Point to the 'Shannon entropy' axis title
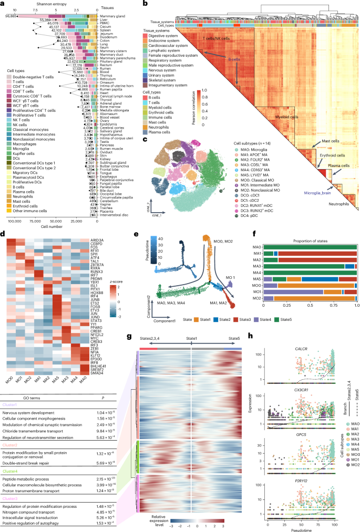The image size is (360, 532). [23, 3]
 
